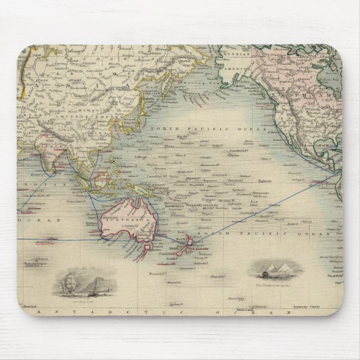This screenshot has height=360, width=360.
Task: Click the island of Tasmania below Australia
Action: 147,245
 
